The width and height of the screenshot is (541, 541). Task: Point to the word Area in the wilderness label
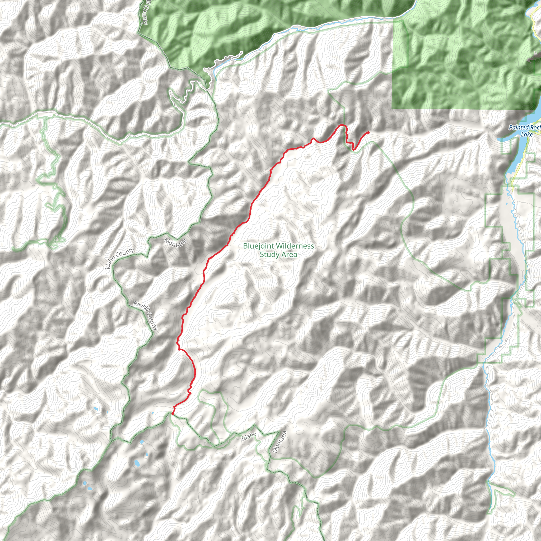coord(290,255)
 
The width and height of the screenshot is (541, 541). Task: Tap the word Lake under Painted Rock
coord(526,135)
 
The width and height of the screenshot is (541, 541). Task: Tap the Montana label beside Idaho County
coord(176,242)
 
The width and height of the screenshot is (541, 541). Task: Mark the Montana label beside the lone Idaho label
coord(280,442)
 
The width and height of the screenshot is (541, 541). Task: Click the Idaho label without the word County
coord(249,436)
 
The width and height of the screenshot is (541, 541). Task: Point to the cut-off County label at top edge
coord(144,13)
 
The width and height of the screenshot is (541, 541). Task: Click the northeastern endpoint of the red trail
coord(368,133)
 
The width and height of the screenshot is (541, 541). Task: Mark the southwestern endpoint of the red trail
coord(173,413)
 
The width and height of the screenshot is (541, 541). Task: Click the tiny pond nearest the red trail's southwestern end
coord(153,413)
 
